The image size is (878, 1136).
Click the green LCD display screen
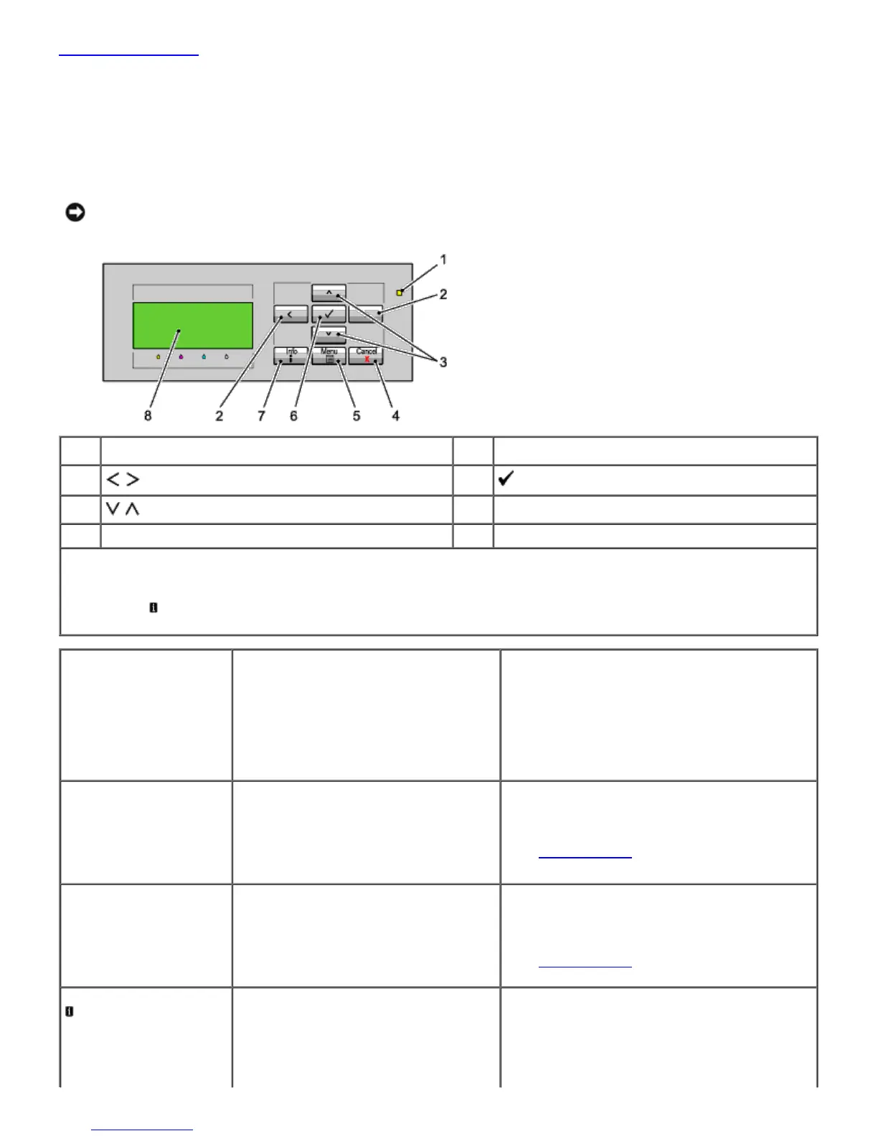192,326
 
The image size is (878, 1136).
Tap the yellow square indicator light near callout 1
400,293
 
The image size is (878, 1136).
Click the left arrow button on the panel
291,314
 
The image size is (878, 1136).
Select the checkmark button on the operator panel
329,314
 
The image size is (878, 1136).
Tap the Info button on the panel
291,356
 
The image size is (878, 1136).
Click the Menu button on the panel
329,356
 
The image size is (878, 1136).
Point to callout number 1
443,259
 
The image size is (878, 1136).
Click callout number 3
443,362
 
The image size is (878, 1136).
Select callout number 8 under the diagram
148,416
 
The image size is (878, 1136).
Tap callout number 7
261,416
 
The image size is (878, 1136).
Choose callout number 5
357,416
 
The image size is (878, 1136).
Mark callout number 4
395,416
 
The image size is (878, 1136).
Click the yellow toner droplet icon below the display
159,356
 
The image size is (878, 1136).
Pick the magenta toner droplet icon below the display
181,356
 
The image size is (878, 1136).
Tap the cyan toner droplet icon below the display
204,356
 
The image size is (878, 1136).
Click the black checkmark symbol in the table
506,479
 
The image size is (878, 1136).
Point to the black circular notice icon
75,212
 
